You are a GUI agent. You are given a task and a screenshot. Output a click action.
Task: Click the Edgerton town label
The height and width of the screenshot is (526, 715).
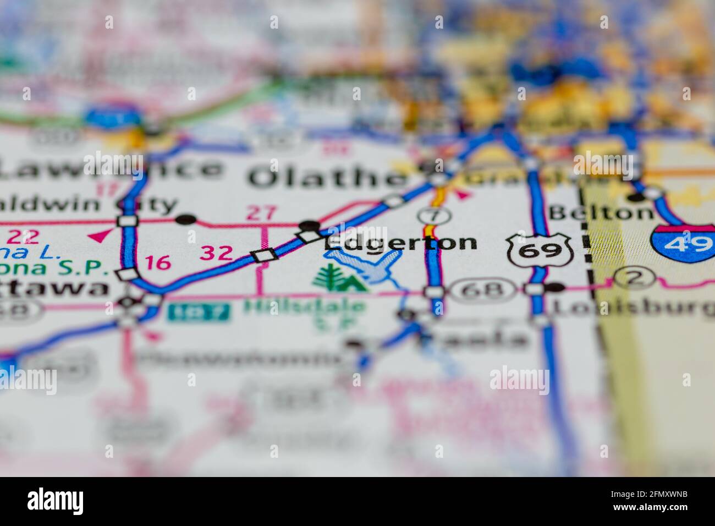[x=400, y=243]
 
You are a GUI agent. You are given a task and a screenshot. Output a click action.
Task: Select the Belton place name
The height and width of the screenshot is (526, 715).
[x=601, y=212]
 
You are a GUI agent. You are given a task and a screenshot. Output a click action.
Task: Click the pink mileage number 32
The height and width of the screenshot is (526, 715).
[x=217, y=253]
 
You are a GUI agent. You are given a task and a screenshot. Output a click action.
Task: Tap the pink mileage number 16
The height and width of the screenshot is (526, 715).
[x=158, y=262]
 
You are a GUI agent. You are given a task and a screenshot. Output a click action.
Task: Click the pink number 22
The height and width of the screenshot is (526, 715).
[x=24, y=237]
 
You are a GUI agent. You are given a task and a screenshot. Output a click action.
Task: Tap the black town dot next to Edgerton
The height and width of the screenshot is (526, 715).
[x=310, y=226]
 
